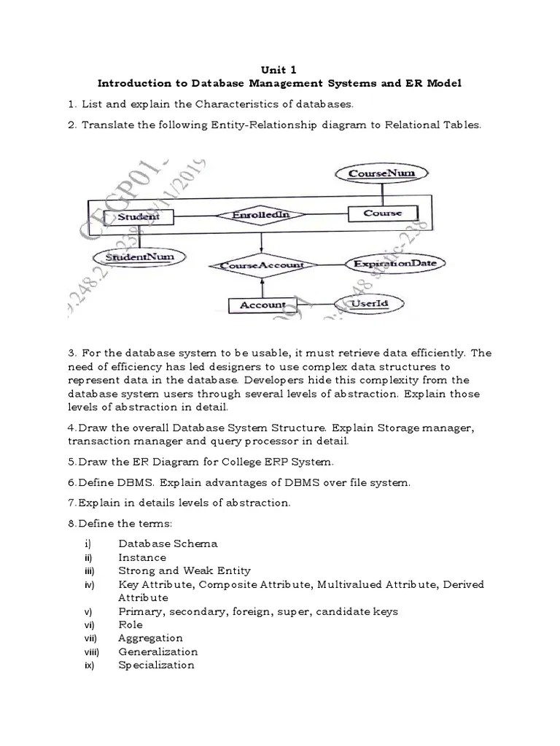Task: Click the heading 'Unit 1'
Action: coord(279,71)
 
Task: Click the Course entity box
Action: coord(381,213)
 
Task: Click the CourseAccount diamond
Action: coord(261,266)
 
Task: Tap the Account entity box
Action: coord(263,305)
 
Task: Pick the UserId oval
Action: coord(368,302)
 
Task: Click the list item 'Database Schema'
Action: coord(168,543)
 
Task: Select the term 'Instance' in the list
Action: coord(142,557)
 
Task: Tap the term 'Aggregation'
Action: coord(150,638)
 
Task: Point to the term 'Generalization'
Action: coord(157,651)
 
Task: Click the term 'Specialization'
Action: coord(156,665)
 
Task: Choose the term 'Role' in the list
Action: coord(131,624)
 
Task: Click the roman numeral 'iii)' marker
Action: coord(89,571)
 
